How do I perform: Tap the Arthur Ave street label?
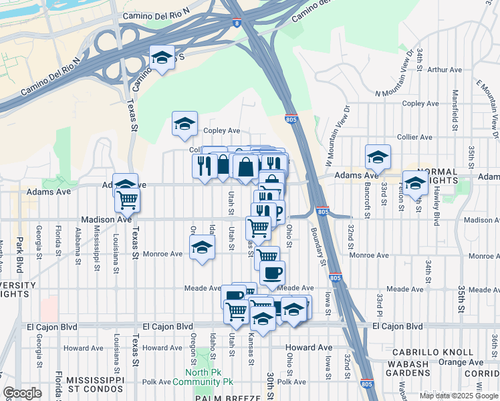[x=445, y=69]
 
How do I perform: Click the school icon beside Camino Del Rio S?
[x=161, y=58]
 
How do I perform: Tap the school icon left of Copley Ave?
[x=184, y=124]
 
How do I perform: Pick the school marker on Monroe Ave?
[x=202, y=248]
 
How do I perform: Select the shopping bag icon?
[x=246, y=166]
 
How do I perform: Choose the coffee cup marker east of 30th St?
[x=271, y=273]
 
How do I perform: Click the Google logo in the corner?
[x=22, y=393]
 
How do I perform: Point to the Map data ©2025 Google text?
[x=459, y=396]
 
